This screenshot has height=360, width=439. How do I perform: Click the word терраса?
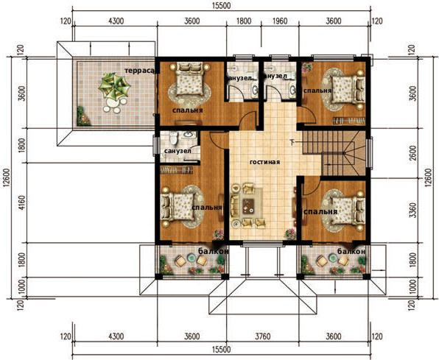coord(139,71)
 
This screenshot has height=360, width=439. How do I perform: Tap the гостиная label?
coord(264,162)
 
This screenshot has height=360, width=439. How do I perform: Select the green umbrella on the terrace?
coord(114,86)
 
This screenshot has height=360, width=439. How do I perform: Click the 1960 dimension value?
coord(280,21)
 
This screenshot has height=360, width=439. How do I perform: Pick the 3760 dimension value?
coord(263,336)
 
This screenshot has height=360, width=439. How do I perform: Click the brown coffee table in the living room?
coord(248,206)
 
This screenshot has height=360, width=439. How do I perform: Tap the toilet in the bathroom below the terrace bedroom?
coord(174,138)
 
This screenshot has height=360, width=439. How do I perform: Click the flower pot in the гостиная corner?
coord(290,233)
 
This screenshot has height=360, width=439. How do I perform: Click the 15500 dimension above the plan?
coord(222,6)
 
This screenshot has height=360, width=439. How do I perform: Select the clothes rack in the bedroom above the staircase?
coord(349,121)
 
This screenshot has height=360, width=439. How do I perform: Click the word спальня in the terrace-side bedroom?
coord(188,110)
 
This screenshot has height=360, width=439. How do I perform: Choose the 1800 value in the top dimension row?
coord(244,21)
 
